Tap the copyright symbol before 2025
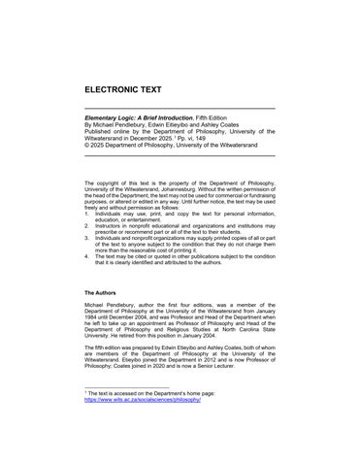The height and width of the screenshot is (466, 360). pyautogui.click(x=88, y=147)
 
